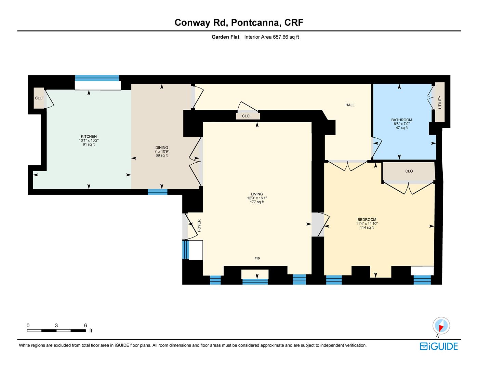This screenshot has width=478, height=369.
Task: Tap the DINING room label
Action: point(162,148)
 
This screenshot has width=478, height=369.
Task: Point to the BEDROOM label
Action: point(367,220)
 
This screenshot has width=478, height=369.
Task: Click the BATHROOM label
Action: point(401,120)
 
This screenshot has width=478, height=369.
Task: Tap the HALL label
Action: point(350,105)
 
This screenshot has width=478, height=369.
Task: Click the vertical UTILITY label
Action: point(440,102)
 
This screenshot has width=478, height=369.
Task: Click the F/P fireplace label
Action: point(257,259)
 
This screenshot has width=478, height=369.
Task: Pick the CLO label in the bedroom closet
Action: point(409,171)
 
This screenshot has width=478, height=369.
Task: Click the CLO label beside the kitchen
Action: point(39,98)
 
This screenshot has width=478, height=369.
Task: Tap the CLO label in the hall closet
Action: point(245,116)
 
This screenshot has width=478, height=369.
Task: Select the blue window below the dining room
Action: point(158,192)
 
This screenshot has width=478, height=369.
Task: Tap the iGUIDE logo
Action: point(439,346)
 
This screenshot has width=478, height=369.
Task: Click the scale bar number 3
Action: point(56,326)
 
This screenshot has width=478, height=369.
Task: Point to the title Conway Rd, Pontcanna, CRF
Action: point(239,23)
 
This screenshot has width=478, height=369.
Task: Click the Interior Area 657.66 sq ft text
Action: point(271,37)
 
